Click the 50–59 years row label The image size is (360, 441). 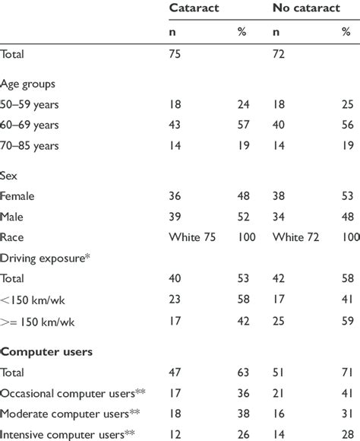point(33,104)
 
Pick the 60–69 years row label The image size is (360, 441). point(33,124)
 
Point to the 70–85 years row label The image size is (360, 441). point(33,144)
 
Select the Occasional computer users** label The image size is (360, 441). point(74,394)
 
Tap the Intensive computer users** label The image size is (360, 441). point(71,434)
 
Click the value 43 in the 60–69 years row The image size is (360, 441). point(175,124)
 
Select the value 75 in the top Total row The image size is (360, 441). point(175,54)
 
